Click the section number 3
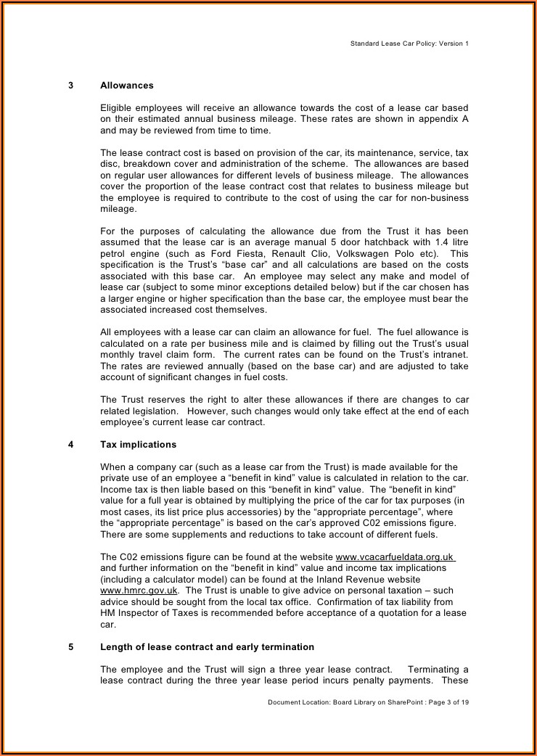pos(70,86)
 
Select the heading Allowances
pos(127,86)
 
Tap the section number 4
pos(70,445)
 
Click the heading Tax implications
pos(138,445)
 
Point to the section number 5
pos(70,647)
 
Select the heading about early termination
pos(207,647)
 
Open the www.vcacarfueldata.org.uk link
pos(395,557)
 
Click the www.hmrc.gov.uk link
pos(139,591)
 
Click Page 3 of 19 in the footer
pos(449,702)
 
